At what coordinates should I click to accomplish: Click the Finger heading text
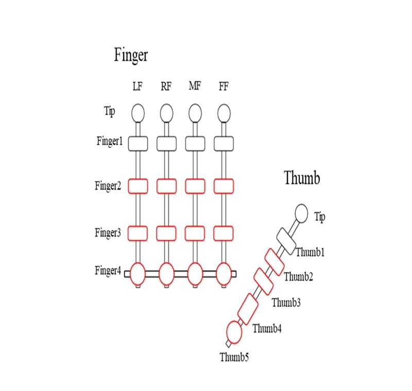pos(131,55)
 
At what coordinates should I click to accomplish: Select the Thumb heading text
pos(302,178)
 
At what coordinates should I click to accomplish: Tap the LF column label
pos(138,87)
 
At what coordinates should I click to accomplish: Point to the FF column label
pos(224,87)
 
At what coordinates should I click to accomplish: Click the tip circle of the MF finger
pos(195,112)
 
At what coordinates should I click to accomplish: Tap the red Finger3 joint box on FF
pos(224,233)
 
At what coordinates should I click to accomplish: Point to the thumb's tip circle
pos(301,212)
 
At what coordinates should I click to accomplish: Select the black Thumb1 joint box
pos(285,239)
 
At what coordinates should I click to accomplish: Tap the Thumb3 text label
pos(286,302)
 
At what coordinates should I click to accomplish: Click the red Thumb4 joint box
pos(248,309)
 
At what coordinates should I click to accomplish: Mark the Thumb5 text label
pos(234,356)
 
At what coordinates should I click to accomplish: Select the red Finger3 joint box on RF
pos(166,233)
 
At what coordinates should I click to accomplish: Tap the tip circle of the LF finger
pos(138,112)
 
